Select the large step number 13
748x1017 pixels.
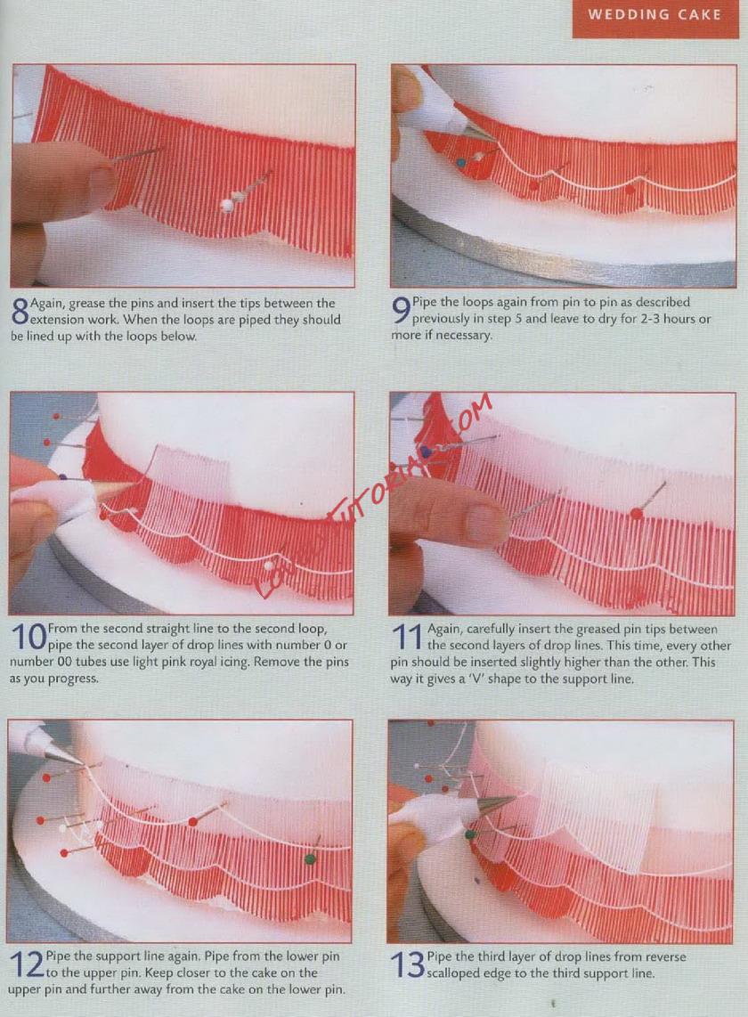click(x=407, y=965)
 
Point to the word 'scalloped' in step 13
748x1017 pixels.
click(x=454, y=973)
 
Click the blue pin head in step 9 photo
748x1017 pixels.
click(x=461, y=162)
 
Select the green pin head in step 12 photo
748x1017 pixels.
click(x=311, y=859)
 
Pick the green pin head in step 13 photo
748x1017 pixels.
click(x=470, y=834)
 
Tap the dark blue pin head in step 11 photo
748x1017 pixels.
click(x=427, y=450)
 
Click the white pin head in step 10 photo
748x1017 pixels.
click(x=268, y=566)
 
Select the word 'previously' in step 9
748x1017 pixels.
click(x=441, y=319)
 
